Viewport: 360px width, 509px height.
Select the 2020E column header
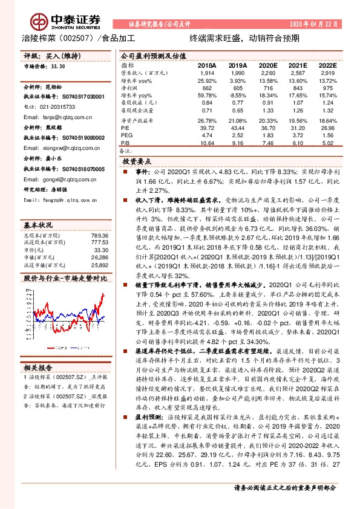pyautogui.click(x=267, y=65)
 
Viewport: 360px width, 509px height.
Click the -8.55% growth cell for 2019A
pyautogui.click(x=238, y=96)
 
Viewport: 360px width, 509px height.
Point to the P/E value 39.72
pyautogui.click(x=208, y=129)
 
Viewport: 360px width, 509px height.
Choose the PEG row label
pyautogui.click(x=126, y=136)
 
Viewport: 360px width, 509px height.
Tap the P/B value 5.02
pyautogui.click(x=327, y=143)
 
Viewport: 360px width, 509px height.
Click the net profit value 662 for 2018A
pyautogui.click(x=208, y=88)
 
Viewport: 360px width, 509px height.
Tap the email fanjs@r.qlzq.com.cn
pyautogui.click(x=68, y=117)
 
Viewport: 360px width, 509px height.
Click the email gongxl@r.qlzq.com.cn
pyautogui.click(x=70, y=180)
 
